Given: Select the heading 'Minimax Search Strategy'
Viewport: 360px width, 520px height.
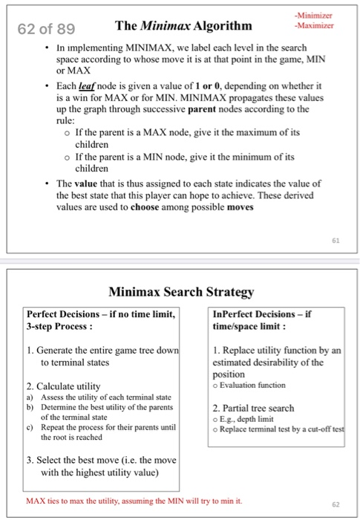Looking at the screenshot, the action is pyautogui.click(x=180, y=292).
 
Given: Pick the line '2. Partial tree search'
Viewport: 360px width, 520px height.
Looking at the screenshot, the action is pyautogui.click(x=253, y=408).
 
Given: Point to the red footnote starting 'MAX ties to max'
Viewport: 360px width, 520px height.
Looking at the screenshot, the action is pyautogui.click(x=134, y=500).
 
